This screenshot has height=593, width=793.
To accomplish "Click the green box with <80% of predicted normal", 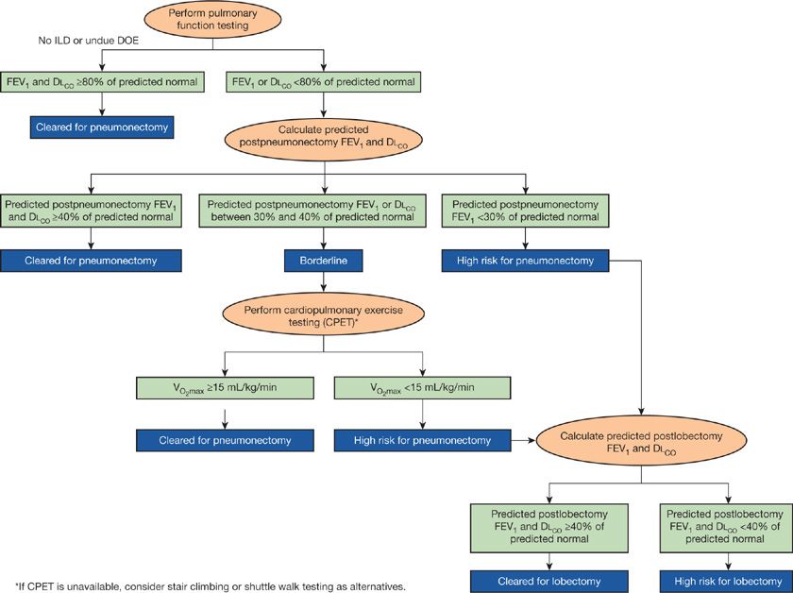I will tap(324, 83).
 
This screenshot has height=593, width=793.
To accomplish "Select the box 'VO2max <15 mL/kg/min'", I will tap(422, 388).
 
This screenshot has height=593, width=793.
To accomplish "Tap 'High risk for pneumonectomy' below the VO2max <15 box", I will tap(422, 440).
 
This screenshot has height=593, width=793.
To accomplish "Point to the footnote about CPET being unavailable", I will tap(210, 586).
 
